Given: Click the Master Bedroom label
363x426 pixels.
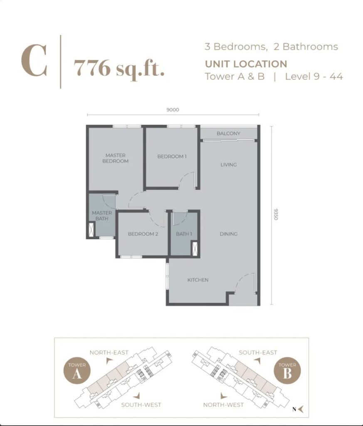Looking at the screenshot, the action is [116, 158].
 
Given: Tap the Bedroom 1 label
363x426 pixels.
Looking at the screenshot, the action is [172, 156].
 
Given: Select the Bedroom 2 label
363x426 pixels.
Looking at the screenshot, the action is [143, 234].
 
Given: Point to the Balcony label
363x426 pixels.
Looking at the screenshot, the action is [228, 134].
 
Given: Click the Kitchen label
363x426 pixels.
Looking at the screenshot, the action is [198, 280].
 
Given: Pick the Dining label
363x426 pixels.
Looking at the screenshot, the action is [229, 234].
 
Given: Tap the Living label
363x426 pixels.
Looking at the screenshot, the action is [229, 165].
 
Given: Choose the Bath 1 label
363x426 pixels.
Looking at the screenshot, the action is [184, 234].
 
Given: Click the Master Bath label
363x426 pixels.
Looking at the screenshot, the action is [102, 215].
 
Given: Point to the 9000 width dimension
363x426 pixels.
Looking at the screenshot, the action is [173, 110].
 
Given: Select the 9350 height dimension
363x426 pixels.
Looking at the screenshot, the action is [276, 214].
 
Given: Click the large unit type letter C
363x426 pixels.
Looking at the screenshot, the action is [34, 61].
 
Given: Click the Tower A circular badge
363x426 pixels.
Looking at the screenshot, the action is [77, 371].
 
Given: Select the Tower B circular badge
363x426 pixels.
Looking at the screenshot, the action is [287, 371].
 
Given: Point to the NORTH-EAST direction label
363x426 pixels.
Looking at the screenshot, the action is [109, 352].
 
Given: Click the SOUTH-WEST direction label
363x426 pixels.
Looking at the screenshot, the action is [141, 405].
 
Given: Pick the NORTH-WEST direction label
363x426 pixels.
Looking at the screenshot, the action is [223, 405].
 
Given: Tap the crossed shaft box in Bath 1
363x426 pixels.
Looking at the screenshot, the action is [195, 248].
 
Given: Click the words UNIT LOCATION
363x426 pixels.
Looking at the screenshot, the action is [246, 64].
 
